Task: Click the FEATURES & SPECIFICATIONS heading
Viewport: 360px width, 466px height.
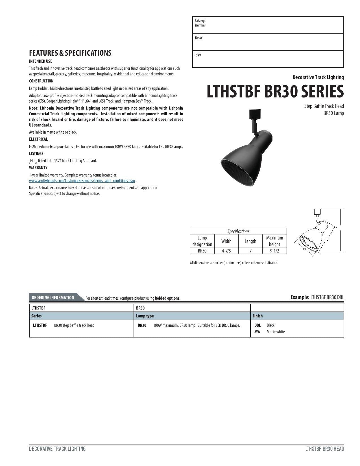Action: pyautogui.click(x=70, y=53)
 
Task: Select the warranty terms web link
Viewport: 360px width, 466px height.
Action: pyautogui.click(x=82, y=181)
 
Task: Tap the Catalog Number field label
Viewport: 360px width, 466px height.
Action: pyautogui.click(x=200, y=23)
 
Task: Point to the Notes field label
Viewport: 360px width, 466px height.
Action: pyautogui.click(x=198, y=37)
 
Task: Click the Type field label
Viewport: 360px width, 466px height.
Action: pyautogui.click(x=198, y=54)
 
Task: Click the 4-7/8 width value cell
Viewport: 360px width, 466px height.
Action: pyautogui.click(x=226, y=251)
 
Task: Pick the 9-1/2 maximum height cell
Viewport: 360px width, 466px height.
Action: pyautogui.click(x=274, y=251)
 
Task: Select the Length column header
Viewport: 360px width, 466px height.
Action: pyautogui.click(x=250, y=241)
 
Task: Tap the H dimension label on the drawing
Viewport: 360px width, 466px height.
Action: pyautogui.click(x=341, y=228)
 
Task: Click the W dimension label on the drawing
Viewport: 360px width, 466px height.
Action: pyautogui.click(x=304, y=249)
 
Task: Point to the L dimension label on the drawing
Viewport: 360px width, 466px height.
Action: pyautogui.click(x=327, y=239)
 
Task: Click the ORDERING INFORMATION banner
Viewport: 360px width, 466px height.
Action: pyautogui.click(x=53, y=297)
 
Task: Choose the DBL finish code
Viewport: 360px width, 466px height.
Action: pyautogui.click(x=258, y=325)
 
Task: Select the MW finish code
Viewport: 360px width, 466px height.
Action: pyautogui.click(x=257, y=332)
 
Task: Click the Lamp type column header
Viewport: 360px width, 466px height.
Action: pyautogui.click(x=145, y=316)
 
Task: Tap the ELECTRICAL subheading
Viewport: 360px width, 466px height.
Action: pyautogui.click(x=38, y=139)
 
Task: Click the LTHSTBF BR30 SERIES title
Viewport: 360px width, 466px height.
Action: pyautogui.click(x=275, y=92)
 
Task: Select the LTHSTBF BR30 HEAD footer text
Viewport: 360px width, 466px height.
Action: pyautogui.click(x=324, y=449)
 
